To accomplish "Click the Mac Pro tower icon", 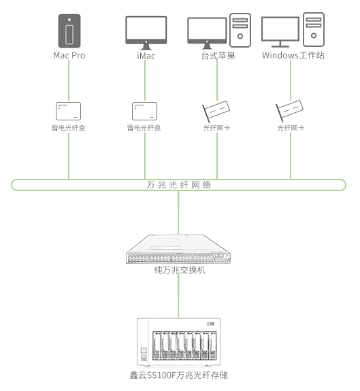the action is point(69,31).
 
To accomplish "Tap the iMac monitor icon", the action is point(146,33).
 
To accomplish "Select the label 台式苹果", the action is point(218,56).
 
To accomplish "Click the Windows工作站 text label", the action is point(293,55).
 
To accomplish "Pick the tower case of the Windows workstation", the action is point(314,29).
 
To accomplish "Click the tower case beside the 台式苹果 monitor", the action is point(240,30).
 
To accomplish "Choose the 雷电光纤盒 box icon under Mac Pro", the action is point(68,111).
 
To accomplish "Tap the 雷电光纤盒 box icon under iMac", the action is point(144,111).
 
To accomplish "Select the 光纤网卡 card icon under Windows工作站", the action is point(290,111).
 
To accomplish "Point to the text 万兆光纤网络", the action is point(179,185).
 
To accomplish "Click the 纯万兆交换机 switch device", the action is point(178,249).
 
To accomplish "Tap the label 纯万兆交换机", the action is point(180,270).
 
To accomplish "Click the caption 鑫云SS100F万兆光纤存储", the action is point(178,375).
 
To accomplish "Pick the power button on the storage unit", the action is point(144,350).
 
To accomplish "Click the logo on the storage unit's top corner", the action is point(210,324).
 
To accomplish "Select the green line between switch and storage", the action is point(178,296).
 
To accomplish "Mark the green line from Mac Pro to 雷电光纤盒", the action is point(69,80).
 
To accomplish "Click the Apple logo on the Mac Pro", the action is point(69,19).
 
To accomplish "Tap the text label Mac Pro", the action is point(69,55).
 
